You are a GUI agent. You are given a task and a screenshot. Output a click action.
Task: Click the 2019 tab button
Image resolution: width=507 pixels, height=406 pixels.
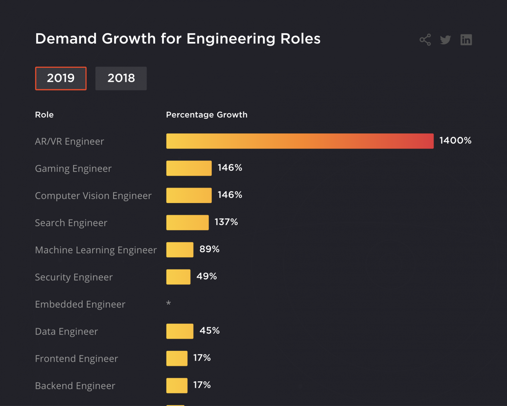[61, 78]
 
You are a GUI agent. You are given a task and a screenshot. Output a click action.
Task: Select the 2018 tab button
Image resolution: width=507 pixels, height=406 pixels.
[121, 78]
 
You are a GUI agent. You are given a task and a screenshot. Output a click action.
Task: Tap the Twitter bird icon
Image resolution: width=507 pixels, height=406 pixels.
[445, 40]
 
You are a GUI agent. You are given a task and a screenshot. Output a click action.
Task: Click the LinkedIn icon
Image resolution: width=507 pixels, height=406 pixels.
[466, 40]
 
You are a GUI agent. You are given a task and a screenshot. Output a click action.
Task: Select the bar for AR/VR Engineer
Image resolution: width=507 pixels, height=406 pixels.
[300, 141]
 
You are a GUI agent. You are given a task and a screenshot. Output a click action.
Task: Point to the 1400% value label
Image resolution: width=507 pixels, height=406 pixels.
[455, 141]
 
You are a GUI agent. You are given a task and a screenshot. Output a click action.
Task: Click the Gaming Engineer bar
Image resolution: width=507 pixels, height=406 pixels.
[189, 168]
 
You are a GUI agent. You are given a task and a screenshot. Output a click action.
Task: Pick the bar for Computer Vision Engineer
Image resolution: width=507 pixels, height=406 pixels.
[189, 195]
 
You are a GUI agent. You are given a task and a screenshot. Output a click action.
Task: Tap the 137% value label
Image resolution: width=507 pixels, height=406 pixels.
[226, 222]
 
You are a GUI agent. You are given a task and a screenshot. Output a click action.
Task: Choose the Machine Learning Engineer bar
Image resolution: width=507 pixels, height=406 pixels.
[180, 250]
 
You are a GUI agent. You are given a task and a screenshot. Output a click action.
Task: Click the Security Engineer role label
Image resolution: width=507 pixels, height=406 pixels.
[74, 277]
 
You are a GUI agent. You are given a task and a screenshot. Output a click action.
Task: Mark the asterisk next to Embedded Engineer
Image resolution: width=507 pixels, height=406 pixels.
[168, 303]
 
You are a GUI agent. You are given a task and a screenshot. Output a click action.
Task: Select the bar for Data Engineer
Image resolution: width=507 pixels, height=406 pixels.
[180, 331]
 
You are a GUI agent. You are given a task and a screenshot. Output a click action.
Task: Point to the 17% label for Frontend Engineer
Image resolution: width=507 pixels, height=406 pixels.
[202, 358]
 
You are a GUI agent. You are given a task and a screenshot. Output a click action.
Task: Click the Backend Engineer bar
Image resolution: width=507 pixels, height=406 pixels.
[177, 386]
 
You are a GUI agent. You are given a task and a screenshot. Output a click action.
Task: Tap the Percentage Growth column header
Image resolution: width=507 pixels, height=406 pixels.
[207, 115]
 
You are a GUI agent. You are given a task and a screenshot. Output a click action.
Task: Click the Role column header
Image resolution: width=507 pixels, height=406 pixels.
[44, 115]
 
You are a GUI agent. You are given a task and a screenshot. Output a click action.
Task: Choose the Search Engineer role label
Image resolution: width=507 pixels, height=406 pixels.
[71, 223]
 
